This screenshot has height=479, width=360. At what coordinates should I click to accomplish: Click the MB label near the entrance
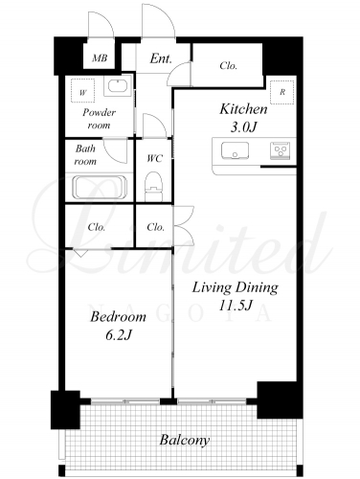100,58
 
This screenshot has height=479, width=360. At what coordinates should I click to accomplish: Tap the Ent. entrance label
161,58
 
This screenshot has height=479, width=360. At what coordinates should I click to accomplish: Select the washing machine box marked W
82,91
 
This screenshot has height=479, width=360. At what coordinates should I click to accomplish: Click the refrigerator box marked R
282,92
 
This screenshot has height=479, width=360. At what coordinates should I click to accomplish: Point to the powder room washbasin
118,86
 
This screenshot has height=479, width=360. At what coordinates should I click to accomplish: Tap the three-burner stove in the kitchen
281,150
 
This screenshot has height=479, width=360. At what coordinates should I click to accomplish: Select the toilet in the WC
153,187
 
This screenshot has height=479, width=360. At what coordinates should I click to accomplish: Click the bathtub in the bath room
100,187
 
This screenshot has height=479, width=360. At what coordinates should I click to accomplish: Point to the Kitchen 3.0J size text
243,127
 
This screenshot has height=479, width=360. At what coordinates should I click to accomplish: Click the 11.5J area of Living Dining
236,306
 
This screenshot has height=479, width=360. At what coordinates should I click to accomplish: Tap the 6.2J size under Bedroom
119,335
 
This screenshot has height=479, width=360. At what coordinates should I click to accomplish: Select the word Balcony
185,441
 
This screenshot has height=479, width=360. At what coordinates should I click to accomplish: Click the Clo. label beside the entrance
228,66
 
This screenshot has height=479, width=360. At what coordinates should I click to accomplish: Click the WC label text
155,158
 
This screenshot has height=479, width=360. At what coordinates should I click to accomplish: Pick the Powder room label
99,119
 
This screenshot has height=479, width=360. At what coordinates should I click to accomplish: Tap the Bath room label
85,155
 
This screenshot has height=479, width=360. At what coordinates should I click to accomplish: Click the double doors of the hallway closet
184,226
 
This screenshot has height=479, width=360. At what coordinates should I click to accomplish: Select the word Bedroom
118,317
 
